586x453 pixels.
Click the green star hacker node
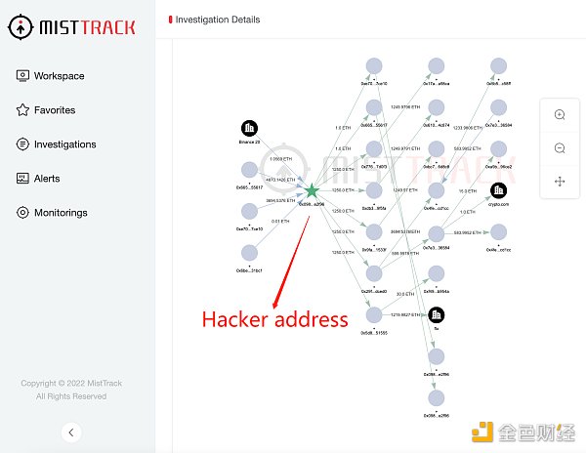(311, 191)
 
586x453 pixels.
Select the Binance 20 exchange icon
(249, 129)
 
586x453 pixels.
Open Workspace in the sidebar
(59, 76)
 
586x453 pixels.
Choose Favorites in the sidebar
(54, 110)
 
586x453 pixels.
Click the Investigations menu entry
(64, 144)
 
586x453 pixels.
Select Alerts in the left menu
(46, 179)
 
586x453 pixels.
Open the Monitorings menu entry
(61, 213)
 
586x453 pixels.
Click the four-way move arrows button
(560, 182)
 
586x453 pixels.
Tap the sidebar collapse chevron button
(70, 432)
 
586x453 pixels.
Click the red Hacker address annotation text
(274, 319)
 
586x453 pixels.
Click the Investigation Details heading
(219, 20)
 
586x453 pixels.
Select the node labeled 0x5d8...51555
(373, 314)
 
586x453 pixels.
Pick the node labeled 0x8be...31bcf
(249, 253)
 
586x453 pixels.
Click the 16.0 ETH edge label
(468, 190)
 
